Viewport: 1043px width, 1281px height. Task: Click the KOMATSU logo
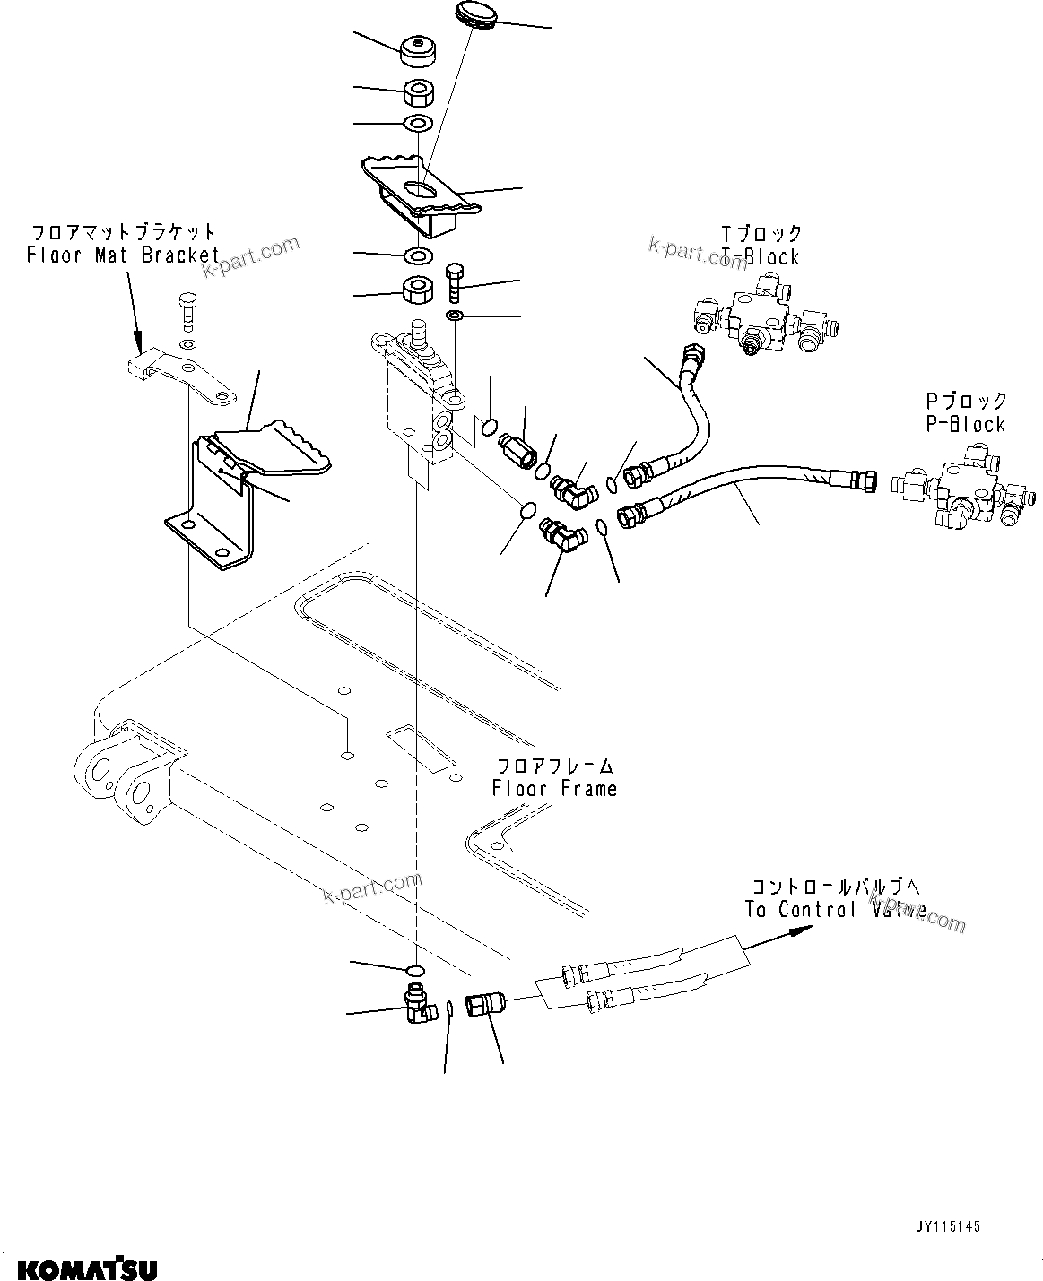[87, 1269]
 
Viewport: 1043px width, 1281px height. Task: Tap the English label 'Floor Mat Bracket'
[123, 255]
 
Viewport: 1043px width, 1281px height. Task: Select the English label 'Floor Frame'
[554, 789]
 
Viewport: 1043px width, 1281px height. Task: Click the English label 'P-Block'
[965, 424]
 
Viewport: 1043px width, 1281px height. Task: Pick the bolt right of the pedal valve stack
[453, 281]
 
